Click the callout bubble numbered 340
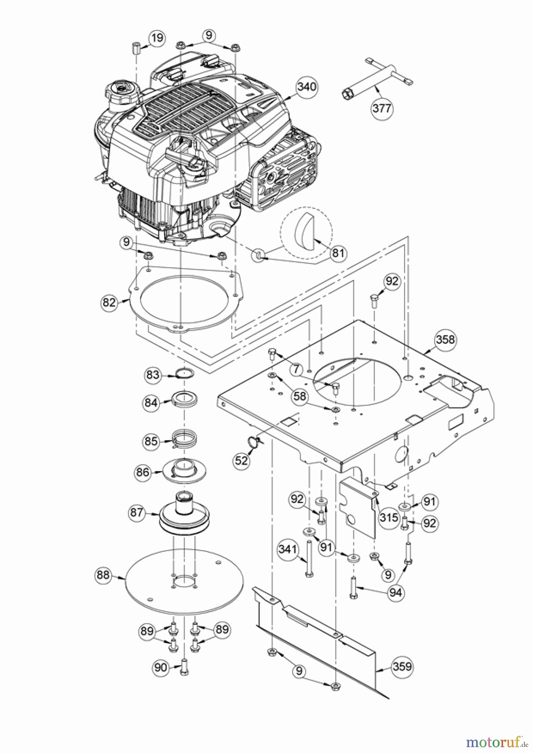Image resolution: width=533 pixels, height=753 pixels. pyautogui.click(x=307, y=87)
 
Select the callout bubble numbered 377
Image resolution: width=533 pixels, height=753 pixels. pyautogui.click(x=382, y=108)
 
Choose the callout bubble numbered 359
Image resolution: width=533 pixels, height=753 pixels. pyautogui.click(x=401, y=666)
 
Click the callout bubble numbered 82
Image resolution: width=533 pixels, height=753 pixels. pyautogui.click(x=109, y=302)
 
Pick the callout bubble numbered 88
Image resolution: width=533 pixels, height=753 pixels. pyautogui.click(x=103, y=575)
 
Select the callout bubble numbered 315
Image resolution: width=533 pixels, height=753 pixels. pyautogui.click(x=389, y=517)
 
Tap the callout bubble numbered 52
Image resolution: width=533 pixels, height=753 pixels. pyautogui.click(x=242, y=460)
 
